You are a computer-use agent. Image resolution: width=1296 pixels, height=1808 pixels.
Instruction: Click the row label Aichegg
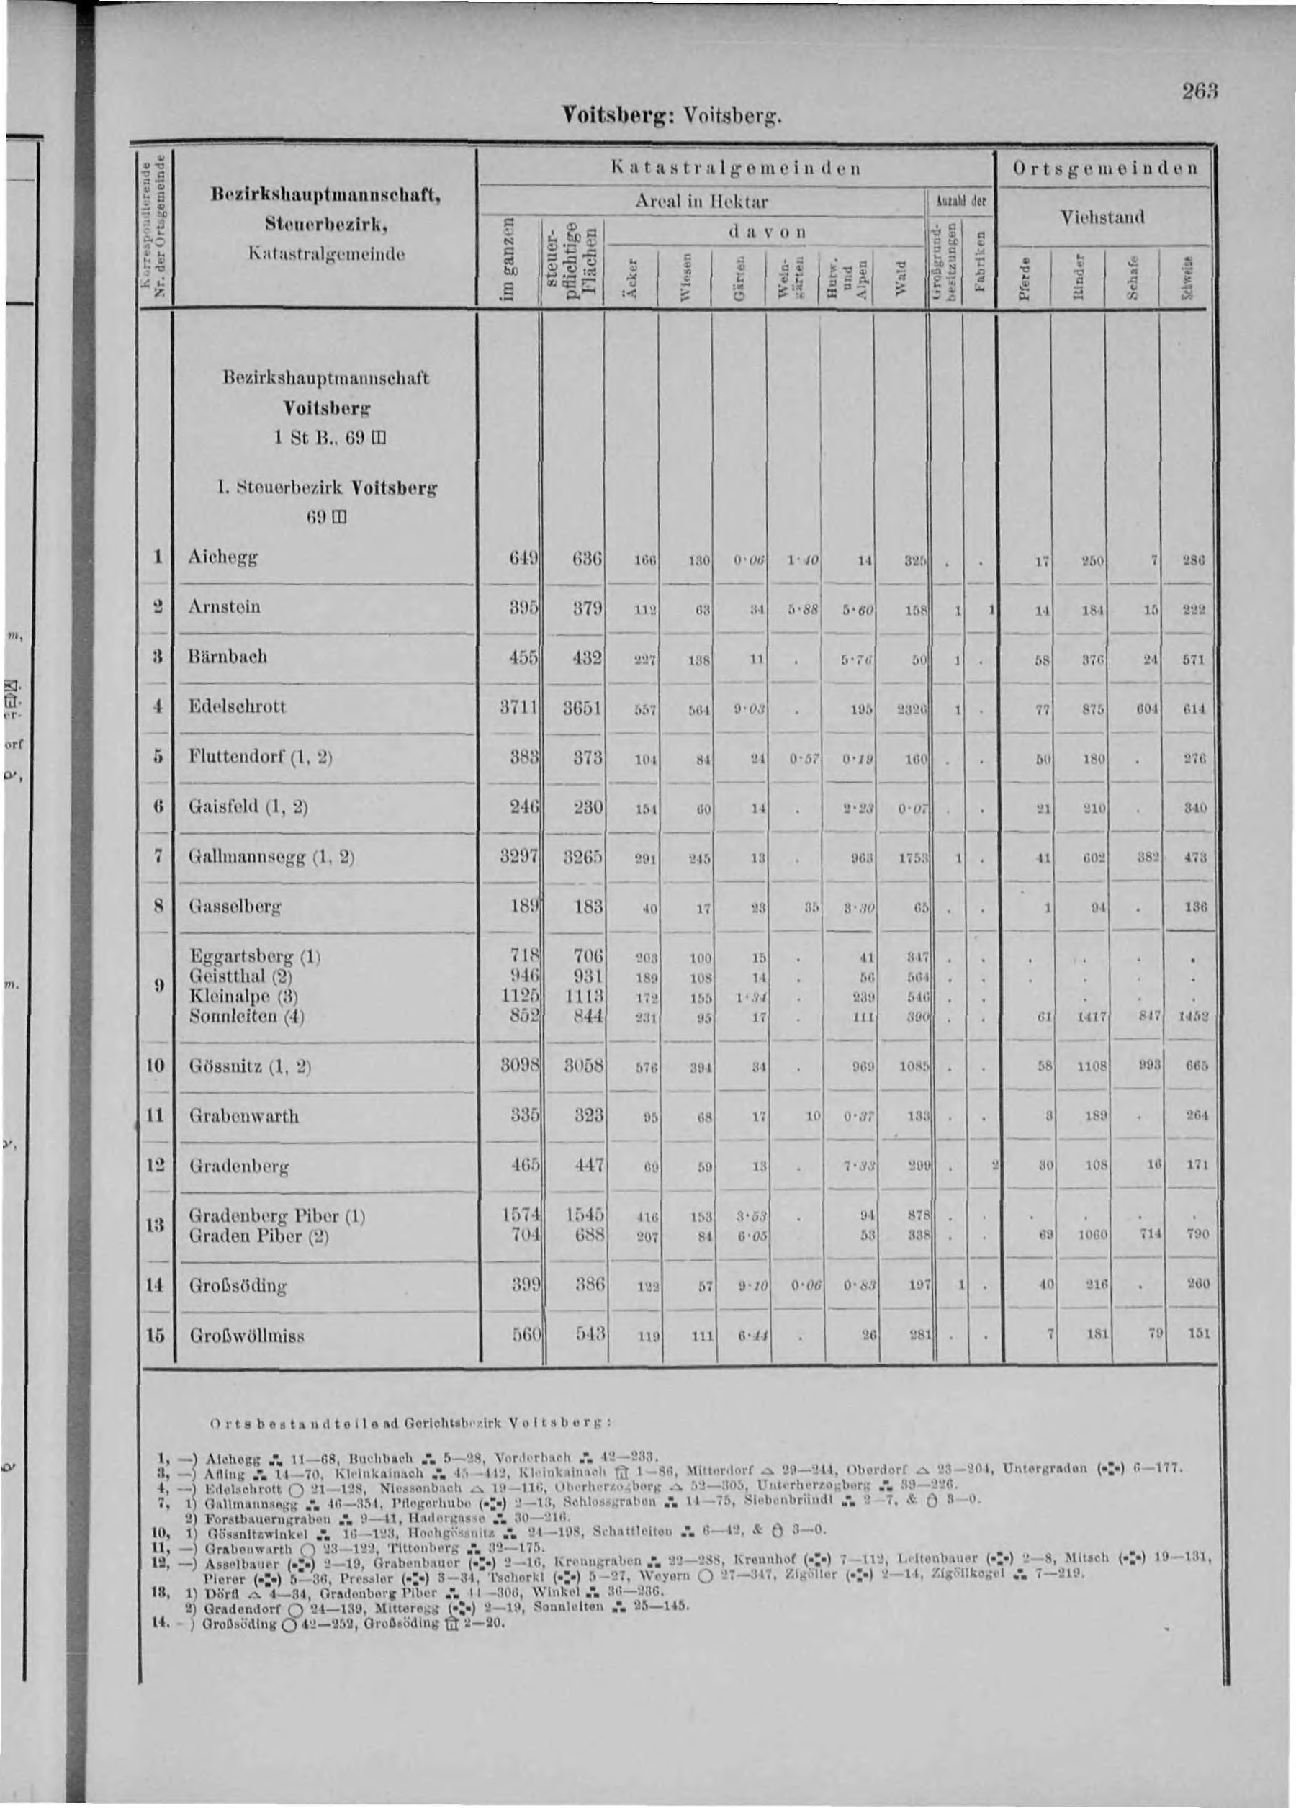pyautogui.click(x=223, y=559)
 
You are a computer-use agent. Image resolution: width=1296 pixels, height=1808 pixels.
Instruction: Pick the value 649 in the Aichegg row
pyautogui.click(x=523, y=558)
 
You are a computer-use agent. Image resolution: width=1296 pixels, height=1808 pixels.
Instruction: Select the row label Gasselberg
pyautogui.click(x=235, y=907)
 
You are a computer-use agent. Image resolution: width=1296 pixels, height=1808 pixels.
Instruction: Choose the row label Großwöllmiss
pyautogui.click(x=246, y=1335)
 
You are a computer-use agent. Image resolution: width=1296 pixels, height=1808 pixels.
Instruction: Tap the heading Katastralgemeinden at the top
pyautogui.click(x=734, y=169)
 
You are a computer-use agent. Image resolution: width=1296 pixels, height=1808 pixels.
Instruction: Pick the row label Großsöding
pyautogui.click(x=238, y=1286)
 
